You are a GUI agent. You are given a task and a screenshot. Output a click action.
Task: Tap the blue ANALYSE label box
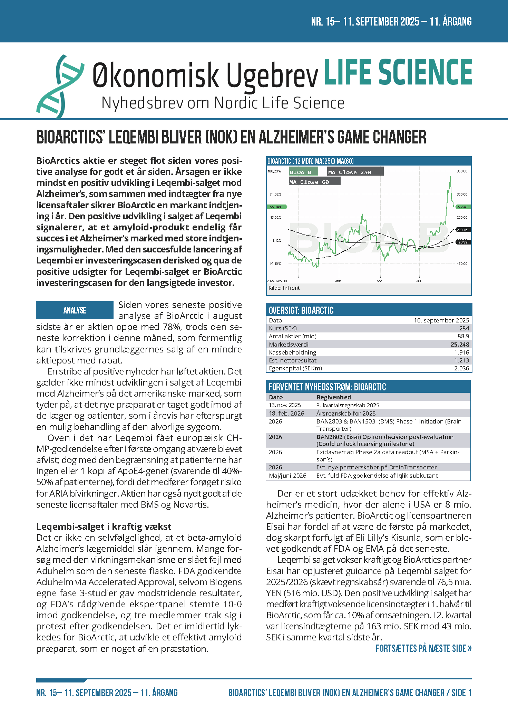(75, 310)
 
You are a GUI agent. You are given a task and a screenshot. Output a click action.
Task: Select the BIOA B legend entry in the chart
(301, 172)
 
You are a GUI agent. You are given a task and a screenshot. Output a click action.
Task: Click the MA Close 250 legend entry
(350, 172)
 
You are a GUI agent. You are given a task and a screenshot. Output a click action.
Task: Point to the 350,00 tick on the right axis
(462, 171)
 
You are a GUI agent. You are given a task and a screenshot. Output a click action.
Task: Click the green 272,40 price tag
(462, 207)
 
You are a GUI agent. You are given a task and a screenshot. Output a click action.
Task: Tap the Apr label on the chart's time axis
(379, 281)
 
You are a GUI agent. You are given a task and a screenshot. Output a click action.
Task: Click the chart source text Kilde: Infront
(284, 288)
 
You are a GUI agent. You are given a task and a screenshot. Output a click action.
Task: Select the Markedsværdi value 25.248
(460, 345)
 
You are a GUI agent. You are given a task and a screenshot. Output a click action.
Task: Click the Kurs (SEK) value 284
(464, 328)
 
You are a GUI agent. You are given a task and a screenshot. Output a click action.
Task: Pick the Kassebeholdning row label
(292, 352)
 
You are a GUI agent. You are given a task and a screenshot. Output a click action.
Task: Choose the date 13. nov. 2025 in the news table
(285, 405)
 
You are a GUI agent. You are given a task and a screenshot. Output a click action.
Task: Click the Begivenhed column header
(333, 397)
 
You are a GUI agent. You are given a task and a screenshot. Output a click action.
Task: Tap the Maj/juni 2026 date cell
(287, 476)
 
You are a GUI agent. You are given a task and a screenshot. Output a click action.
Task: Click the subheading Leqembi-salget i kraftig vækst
(104, 527)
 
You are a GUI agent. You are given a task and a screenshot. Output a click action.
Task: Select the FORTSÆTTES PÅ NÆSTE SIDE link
(423, 648)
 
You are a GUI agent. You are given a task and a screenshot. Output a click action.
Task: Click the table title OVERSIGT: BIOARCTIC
(301, 310)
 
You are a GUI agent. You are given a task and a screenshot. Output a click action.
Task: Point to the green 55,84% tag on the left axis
(276, 207)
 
